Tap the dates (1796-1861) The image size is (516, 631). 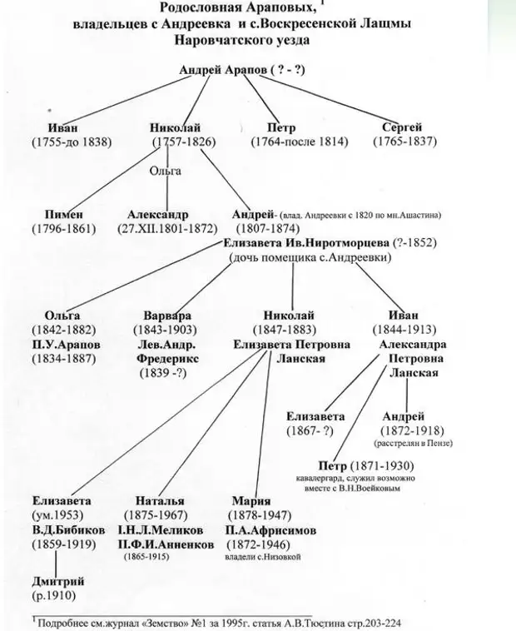[65, 228]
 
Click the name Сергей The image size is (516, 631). [402, 127]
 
